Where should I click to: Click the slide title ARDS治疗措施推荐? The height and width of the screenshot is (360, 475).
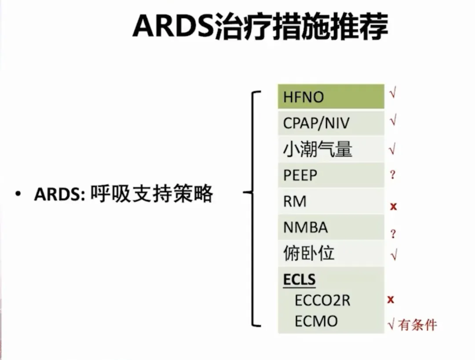click(x=260, y=27)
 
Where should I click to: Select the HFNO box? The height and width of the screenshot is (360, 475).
click(x=331, y=97)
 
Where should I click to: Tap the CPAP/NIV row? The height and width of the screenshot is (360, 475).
click(x=331, y=123)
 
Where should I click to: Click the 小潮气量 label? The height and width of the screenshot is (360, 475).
click(x=318, y=149)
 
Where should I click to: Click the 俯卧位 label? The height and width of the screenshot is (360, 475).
click(x=309, y=253)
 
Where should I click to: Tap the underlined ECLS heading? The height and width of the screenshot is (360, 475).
click(x=300, y=279)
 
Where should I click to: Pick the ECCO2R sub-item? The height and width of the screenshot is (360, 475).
click(x=322, y=301)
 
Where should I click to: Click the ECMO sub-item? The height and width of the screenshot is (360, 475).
click(x=316, y=321)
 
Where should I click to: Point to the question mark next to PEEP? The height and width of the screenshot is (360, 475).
click(x=393, y=175)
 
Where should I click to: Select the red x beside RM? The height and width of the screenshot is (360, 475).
click(x=393, y=206)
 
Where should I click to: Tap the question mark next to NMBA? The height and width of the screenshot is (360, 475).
click(x=393, y=234)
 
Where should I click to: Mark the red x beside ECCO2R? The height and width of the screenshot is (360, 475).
click(x=391, y=300)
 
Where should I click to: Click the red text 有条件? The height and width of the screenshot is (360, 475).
click(x=417, y=325)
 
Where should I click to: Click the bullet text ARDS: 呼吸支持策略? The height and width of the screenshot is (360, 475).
click(x=124, y=194)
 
